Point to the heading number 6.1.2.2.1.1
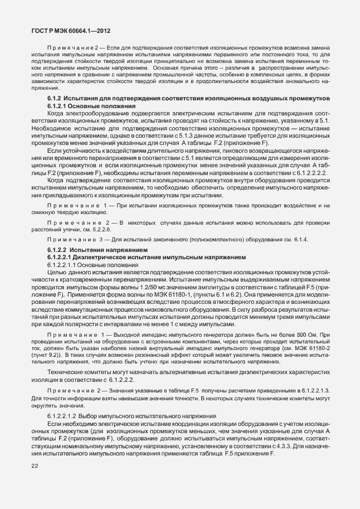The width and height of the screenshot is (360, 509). click(68, 265)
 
